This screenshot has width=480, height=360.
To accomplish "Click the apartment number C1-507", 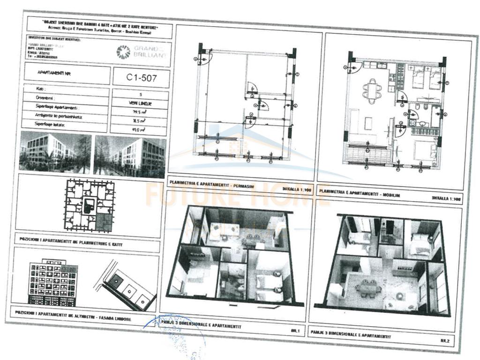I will (x=141, y=78).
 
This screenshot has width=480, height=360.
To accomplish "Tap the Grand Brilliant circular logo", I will (x=124, y=52).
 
